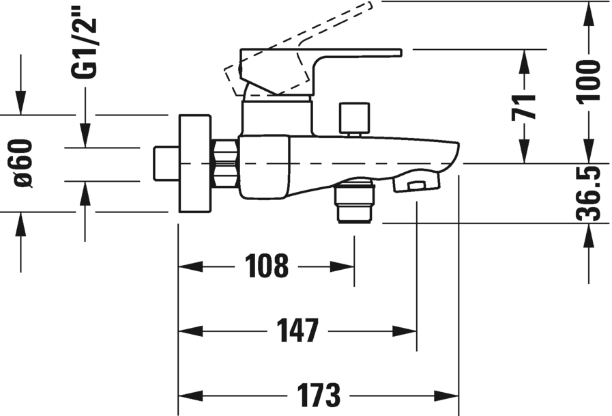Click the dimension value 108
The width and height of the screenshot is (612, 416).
(266, 266)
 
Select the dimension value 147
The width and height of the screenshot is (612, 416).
(297, 331)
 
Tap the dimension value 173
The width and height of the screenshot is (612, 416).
(318, 396)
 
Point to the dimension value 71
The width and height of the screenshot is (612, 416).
(525, 107)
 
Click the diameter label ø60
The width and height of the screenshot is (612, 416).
(23, 163)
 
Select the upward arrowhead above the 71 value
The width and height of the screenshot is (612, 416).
(525, 58)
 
